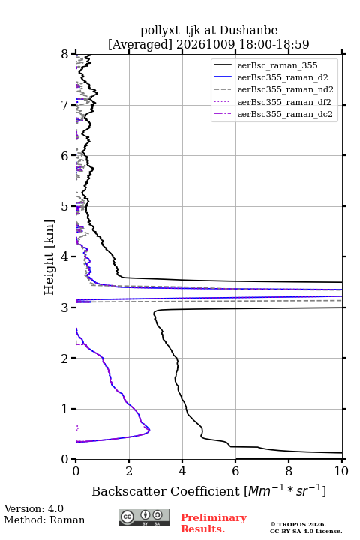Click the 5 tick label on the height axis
[64, 207]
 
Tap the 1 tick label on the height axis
[64, 409]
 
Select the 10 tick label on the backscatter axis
[341, 471]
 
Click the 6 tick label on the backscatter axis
[235, 471]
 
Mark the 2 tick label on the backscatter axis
[129, 471]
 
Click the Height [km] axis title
[49, 257]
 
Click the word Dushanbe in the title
[248, 31]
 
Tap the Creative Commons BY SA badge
[144, 518]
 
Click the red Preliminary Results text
[214, 523]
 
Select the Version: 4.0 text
[34, 508]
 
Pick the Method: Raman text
[44, 520]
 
